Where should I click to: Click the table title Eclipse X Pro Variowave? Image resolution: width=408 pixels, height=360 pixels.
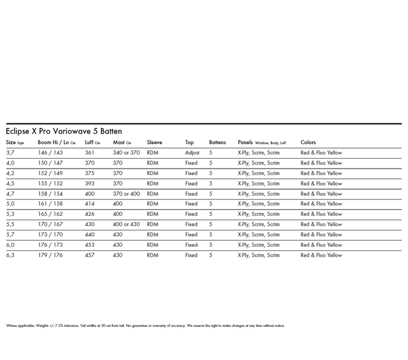click(64, 131)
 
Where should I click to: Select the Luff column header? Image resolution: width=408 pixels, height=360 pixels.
click(92, 142)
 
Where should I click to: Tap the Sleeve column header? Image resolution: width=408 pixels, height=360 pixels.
click(154, 142)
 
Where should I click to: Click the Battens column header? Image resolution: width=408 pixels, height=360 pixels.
click(217, 142)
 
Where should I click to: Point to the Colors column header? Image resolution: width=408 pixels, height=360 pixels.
click(308, 142)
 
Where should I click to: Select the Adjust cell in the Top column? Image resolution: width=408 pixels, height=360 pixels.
click(192, 153)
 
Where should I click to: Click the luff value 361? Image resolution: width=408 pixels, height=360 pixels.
click(89, 153)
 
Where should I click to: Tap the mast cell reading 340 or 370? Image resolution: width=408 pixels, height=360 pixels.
click(126, 153)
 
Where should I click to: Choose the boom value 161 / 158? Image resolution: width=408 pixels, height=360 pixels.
click(50, 204)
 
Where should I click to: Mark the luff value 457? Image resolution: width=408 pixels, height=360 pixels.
click(89, 255)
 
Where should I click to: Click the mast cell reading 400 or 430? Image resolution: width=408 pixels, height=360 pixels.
click(126, 225)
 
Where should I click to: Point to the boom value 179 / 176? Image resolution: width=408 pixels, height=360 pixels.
click(50, 255)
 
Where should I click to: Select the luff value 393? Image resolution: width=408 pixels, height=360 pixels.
click(89, 184)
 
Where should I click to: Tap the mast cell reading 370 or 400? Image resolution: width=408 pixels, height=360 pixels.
click(126, 194)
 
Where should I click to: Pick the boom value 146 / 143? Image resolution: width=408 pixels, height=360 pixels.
click(50, 153)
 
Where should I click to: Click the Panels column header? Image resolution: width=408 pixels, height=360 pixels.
click(262, 142)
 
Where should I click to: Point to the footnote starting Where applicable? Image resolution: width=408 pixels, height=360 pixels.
click(145, 326)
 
